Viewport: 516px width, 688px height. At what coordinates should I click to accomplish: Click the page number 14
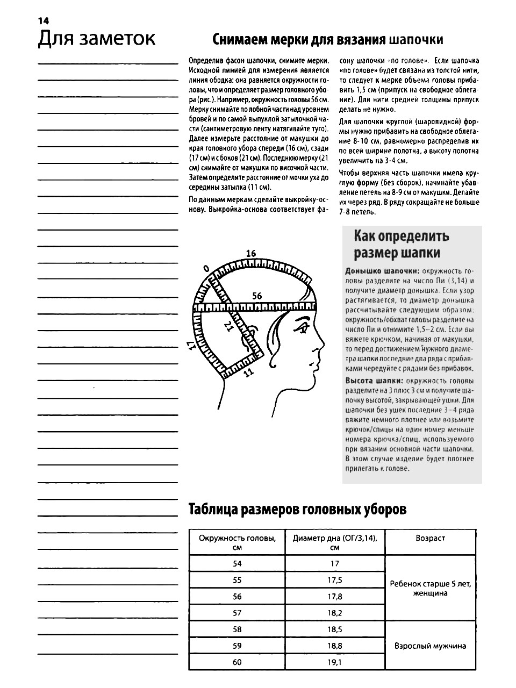click(x=43, y=20)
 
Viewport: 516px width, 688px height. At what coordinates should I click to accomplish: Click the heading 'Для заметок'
click(x=96, y=39)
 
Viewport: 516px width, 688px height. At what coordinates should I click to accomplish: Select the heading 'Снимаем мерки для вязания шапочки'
click(x=328, y=40)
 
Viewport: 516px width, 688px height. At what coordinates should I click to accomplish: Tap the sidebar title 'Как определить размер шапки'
click(x=401, y=244)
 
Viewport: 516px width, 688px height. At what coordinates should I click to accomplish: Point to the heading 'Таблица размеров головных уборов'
click(x=297, y=510)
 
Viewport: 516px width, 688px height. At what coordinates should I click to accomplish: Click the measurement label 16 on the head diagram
click(x=251, y=254)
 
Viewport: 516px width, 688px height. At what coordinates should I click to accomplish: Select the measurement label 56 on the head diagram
click(x=257, y=296)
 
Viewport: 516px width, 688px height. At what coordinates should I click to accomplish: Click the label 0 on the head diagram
click(x=206, y=268)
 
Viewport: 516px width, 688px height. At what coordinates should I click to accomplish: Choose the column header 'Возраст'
click(x=430, y=538)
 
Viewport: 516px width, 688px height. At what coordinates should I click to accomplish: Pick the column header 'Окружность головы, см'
click(x=237, y=542)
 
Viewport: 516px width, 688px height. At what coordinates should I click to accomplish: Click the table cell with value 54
click(x=237, y=564)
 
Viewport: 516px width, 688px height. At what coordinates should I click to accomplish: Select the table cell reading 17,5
click(x=334, y=580)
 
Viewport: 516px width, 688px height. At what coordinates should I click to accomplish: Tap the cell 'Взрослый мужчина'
click(x=430, y=646)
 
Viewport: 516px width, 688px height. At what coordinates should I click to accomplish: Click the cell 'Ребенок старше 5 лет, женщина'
click(x=430, y=589)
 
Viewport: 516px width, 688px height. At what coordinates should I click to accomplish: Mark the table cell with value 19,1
click(x=334, y=662)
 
